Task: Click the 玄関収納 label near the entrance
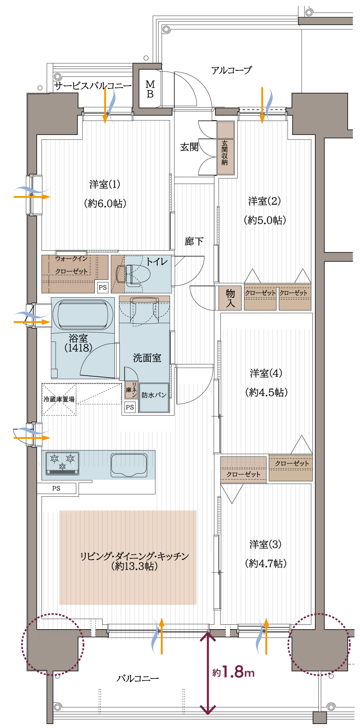pos(225,152)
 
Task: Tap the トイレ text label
pos(156,262)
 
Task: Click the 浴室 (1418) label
pos(78,343)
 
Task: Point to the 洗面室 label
pos(147,358)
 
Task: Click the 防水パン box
pos(154,397)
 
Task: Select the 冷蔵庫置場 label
pos(59,399)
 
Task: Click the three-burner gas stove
pos(62,463)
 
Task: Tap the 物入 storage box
pos(230,298)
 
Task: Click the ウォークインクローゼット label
pos(71,265)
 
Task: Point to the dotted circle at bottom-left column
pos(52,644)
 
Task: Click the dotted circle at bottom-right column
pos(319,644)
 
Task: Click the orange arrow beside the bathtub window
pos(32,322)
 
